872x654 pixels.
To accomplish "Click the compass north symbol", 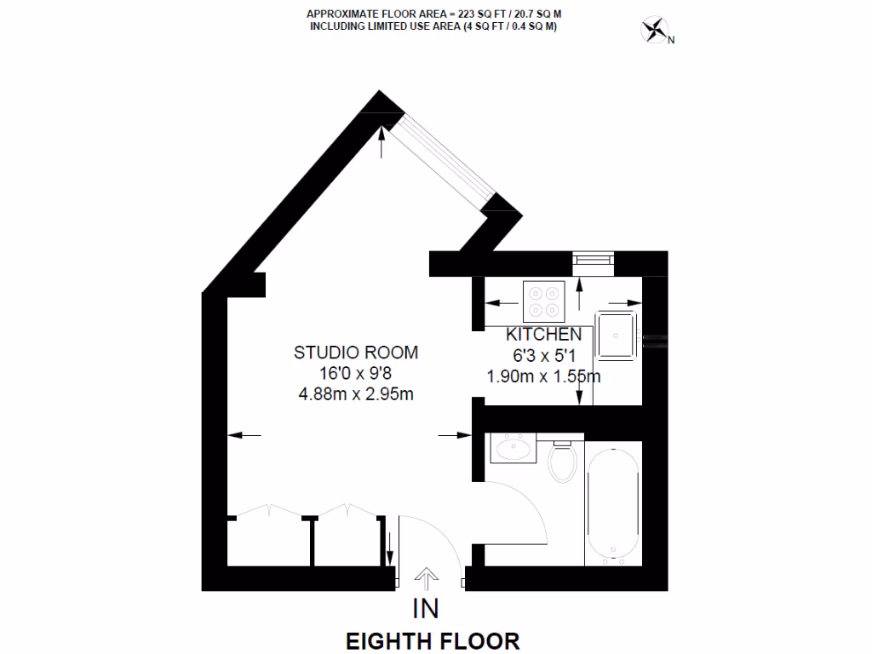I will (654, 32).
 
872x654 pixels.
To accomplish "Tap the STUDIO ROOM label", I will (356, 352).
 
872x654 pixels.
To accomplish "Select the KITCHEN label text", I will (544, 335).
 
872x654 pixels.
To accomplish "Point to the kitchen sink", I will (617, 335).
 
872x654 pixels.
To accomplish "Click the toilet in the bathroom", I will (562, 462).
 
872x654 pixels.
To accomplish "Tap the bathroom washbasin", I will (513, 447).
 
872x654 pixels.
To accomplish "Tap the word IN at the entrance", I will (426, 609).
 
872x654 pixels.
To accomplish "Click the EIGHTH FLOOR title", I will (432, 640).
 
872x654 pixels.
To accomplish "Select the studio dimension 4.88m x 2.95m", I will (356, 393).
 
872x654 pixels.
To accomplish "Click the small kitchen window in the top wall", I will (593, 261).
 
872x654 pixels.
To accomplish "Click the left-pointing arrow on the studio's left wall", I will (245, 435).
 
